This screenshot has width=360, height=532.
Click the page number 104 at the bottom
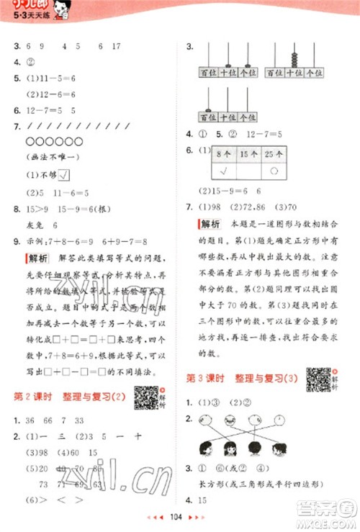tap(179, 517)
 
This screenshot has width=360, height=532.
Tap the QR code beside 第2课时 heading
tap(145, 397)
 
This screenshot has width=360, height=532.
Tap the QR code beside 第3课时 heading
tap(318, 379)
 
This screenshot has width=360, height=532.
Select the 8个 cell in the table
tap(223, 153)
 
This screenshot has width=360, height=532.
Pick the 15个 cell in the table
tap(250, 153)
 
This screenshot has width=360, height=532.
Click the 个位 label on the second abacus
tap(310, 73)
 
